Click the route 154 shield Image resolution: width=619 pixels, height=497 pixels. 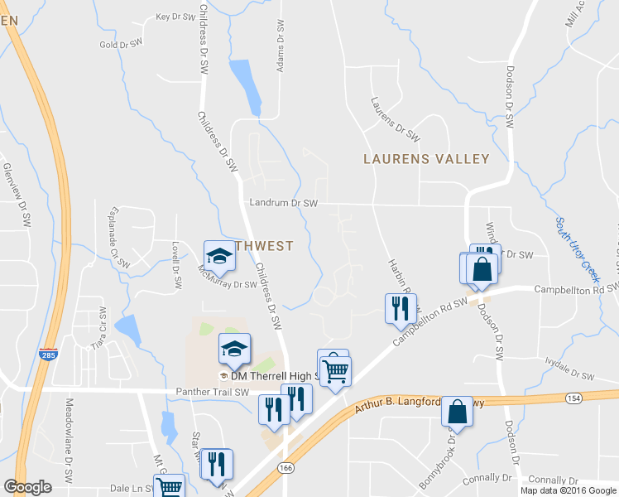pyautogui.click(x=573, y=398)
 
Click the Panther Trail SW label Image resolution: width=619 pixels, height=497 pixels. pyautogui.click(x=213, y=392)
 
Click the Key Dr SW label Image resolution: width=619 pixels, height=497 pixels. pyautogui.click(x=175, y=17)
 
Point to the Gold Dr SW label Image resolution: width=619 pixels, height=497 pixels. pyautogui.click(x=121, y=45)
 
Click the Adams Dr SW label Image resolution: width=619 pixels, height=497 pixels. pyautogui.click(x=281, y=46)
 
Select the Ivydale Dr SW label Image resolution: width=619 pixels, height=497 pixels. pyautogui.click(x=570, y=369)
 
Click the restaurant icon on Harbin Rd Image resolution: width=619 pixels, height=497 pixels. pyautogui.click(x=401, y=308)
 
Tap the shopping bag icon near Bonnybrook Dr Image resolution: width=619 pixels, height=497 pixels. pyautogui.click(x=458, y=410)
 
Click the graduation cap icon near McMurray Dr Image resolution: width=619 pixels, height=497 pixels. pyautogui.click(x=220, y=255)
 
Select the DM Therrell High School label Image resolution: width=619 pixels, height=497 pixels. pyautogui.click(x=273, y=376)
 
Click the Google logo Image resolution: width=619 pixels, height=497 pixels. pyautogui.click(x=28, y=487)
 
